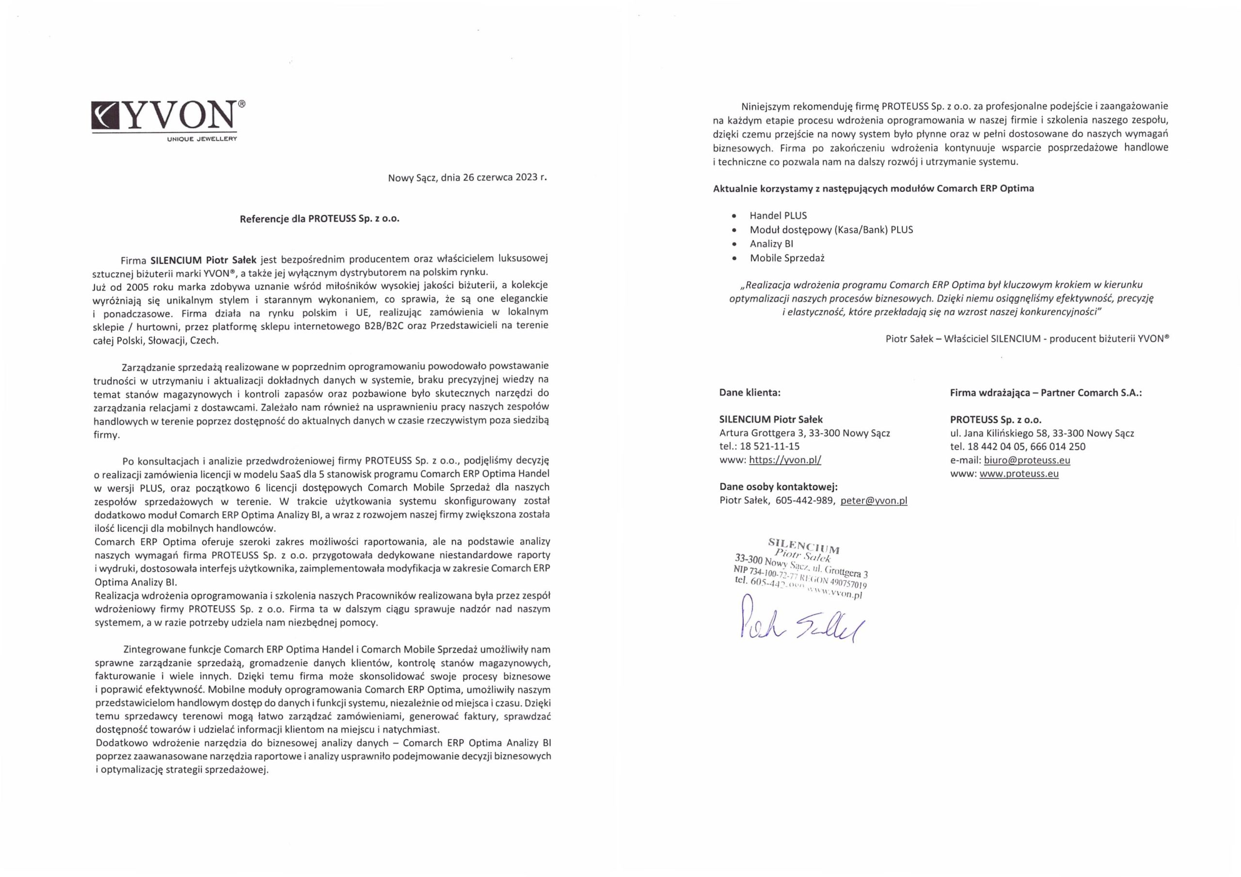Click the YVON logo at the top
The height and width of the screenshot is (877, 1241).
click(x=165, y=116)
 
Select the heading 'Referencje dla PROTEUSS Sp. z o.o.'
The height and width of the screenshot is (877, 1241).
click(x=319, y=219)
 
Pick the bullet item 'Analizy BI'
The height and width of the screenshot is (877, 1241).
click(x=771, y=244)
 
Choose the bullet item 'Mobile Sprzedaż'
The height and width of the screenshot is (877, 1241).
click(x=786, y=258)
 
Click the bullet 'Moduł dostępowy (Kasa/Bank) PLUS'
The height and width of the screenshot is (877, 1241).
click(x=831, y=230)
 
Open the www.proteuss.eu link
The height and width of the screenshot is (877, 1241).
click(x=1019, y=474)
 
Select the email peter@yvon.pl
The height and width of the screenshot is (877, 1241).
click(x=874, y=501)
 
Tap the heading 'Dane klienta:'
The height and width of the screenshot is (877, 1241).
click(x=749, y=393)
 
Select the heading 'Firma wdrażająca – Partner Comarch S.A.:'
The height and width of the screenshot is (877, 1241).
click(x=1046, y=393)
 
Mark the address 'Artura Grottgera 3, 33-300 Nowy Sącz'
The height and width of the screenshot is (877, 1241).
click(x=804, y=433)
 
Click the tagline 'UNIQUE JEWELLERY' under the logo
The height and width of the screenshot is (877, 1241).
click(x=202, y=139)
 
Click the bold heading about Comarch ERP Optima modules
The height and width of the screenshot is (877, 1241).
click(x=873, y=188)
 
